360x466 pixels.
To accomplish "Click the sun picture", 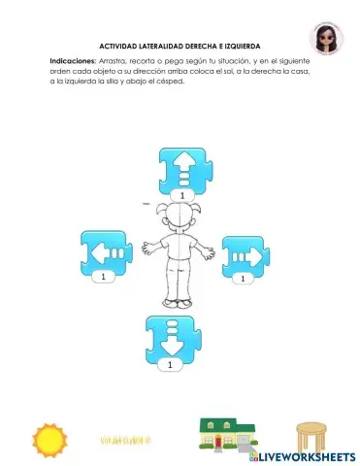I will pos(49,440).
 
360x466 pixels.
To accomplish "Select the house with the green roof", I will pos(225,437).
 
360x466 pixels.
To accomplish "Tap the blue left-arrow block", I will pos(106,252).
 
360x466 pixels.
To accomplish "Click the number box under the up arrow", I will pos(180,196).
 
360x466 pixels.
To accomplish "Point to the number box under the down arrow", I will pos(171,365).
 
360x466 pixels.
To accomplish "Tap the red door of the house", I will pos(220,444).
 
